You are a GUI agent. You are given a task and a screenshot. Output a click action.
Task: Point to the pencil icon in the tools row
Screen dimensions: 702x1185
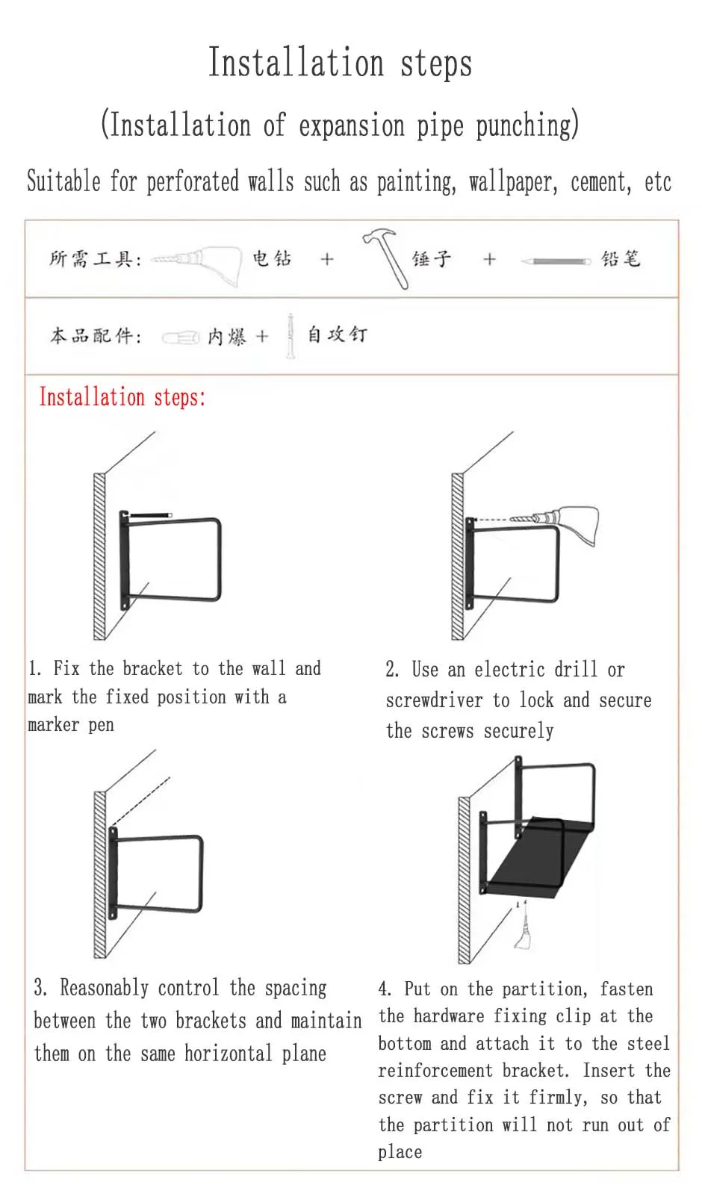556,261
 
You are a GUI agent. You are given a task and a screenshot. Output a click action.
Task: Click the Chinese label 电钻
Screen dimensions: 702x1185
272,258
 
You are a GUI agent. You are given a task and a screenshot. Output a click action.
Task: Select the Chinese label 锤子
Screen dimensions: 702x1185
432,258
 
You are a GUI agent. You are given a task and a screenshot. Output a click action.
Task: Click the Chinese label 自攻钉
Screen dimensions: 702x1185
338,335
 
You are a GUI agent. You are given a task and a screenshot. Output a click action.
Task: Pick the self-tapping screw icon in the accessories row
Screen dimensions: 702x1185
291,336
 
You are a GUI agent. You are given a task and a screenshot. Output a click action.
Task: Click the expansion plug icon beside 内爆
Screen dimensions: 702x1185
181,338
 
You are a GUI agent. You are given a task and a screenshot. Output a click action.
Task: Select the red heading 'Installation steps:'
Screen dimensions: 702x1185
122,397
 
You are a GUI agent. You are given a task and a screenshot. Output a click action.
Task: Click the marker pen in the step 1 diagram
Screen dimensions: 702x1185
151,514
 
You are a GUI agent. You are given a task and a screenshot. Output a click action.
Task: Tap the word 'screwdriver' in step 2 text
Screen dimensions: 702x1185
435,700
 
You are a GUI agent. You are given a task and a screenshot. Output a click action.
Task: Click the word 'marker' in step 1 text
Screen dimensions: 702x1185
54,725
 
